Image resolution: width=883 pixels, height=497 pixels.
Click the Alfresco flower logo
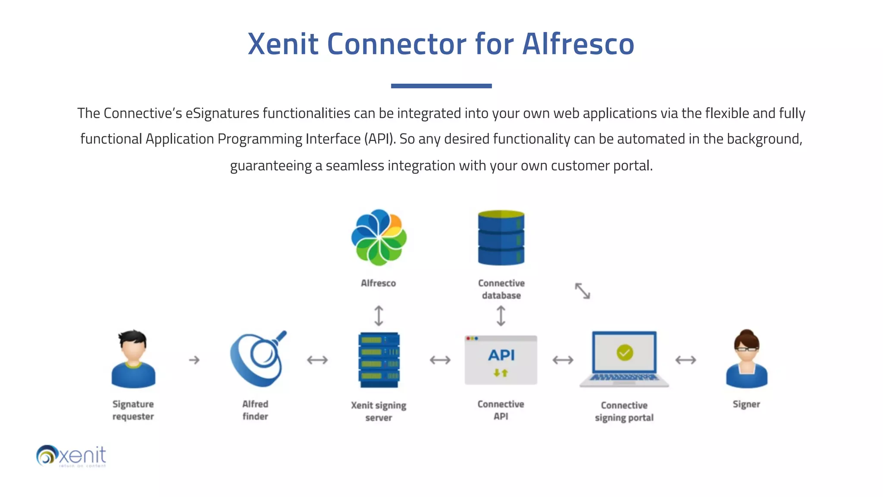379,237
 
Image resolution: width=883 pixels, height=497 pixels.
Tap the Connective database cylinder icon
501,238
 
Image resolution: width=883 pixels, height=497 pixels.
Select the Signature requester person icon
133,359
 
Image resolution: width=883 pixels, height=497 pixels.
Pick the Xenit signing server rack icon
379,360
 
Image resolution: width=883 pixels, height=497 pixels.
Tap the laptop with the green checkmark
624,359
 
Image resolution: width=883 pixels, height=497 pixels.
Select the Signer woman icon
746,359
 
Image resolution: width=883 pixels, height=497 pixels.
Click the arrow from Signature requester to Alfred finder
194,360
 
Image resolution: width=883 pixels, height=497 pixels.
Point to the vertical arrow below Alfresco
379,315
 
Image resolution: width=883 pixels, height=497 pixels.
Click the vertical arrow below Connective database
501,315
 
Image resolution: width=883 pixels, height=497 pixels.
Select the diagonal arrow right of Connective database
582,291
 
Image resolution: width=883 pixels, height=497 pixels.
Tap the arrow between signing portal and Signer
686,360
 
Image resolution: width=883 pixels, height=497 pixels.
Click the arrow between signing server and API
440,360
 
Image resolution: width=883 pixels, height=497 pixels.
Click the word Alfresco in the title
578,44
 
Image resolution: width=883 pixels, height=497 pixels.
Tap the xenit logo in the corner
72,456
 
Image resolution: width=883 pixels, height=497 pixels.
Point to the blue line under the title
441,86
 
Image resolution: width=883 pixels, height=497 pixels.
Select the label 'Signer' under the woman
746,404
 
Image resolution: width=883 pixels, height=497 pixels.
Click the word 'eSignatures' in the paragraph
222,113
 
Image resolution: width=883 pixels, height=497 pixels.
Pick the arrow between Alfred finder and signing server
317,360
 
